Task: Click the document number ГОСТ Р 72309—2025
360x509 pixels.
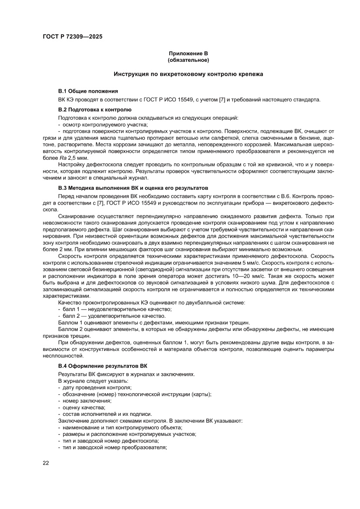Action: click(72, 37)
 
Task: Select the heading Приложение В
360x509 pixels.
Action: click(188, 53)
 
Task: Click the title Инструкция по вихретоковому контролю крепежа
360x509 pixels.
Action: click(188, 74)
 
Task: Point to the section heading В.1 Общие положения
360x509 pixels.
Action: click(88, 91)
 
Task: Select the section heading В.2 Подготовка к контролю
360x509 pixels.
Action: click(95, 110)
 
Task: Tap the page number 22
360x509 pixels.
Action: click(46, 463)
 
